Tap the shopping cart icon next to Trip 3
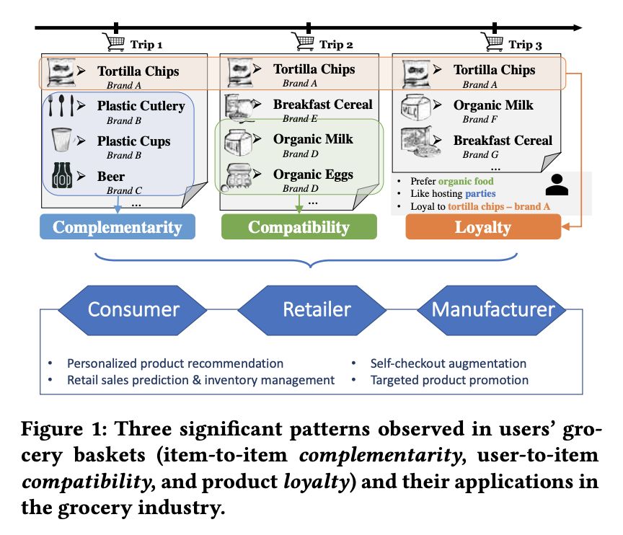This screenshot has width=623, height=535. [x=493, y=41]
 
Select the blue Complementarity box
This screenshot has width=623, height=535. [x=117, y=228]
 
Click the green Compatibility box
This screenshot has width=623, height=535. [x=299, y=228]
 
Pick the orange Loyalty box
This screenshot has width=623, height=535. [x=482, y=228]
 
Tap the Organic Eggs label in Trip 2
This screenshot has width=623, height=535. [x=313, y=174]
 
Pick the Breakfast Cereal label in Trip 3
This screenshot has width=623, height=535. [x=503, y=141]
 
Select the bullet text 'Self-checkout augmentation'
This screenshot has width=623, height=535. [x=448, y=363]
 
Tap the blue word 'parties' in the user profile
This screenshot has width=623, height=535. [x=480, y=193]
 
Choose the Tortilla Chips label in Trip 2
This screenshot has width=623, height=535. [x=314, y=69]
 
